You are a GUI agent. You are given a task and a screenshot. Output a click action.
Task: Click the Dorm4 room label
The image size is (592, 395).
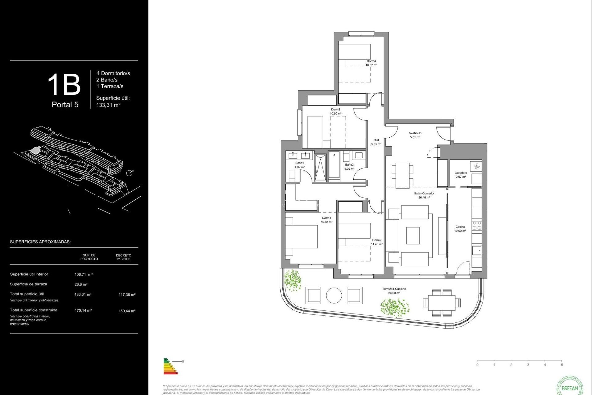point(371,61)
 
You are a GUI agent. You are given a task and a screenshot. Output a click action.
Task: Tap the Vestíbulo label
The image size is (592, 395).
point(415,133)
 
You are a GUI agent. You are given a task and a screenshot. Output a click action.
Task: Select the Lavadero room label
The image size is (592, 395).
point(461,173)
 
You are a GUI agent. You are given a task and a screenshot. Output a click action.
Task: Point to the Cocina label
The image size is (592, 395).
point(460,227)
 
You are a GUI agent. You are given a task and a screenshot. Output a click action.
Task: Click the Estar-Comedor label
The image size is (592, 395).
point(424,193)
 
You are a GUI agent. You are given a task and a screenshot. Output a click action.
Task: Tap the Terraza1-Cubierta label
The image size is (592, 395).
point(394,289)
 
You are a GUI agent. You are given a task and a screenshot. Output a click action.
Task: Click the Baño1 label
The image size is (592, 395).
point(299,163)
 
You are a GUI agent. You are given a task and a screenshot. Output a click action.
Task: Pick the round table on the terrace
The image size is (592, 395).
point(334,295)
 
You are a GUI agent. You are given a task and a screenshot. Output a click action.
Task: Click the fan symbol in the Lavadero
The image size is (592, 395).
point(476,166)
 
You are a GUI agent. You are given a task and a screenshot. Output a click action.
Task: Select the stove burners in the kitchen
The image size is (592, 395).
point(477,226)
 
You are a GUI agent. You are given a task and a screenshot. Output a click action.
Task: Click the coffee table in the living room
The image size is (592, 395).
point(413,235)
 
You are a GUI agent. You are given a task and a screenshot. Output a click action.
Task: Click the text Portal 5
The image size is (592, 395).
point(65,105)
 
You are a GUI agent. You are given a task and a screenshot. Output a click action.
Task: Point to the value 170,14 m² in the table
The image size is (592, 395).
point(83,310)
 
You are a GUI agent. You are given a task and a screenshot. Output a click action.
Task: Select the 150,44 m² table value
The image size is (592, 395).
point(127,311)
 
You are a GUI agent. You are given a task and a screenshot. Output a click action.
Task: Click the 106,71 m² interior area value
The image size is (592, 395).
point(84,274)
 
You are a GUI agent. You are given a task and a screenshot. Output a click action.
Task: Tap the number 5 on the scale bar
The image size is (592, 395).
point(562,365)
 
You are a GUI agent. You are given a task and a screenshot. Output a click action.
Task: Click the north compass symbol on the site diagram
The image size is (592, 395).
point(129,173)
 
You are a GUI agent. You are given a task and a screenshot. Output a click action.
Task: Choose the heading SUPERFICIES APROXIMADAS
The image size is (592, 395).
point(40,242)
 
